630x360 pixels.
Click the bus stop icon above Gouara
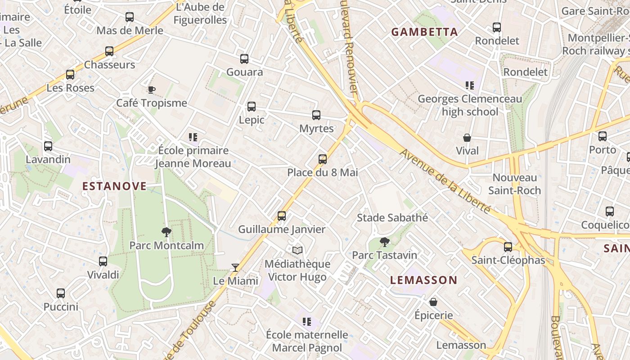click(244, 59)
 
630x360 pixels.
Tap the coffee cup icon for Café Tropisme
click(152, 90)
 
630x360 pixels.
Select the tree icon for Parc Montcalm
click(166, 232)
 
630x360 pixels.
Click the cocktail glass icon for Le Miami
click(235, 268)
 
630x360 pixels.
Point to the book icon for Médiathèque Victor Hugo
click(297, 251)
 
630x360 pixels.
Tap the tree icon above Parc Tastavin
click(384, 242)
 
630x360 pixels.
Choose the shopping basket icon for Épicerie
click(433, 302)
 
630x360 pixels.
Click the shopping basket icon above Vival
click(467, 138)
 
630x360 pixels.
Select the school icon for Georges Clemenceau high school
click(470, 85)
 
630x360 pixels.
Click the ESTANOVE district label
click(114, 186)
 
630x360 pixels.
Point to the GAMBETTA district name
click(424, 32)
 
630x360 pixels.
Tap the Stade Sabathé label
click(392, 218)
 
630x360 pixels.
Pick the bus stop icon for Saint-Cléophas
click(508, 247)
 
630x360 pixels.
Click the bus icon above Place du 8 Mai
click(323, 159)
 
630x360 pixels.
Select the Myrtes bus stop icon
click(316, 115)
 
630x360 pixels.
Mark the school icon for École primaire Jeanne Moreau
click(193, 137)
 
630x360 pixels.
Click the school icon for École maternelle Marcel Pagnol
click(307, 322)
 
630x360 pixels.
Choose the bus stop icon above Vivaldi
click(103, 261)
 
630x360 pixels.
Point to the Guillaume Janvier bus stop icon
click(282, 216)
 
